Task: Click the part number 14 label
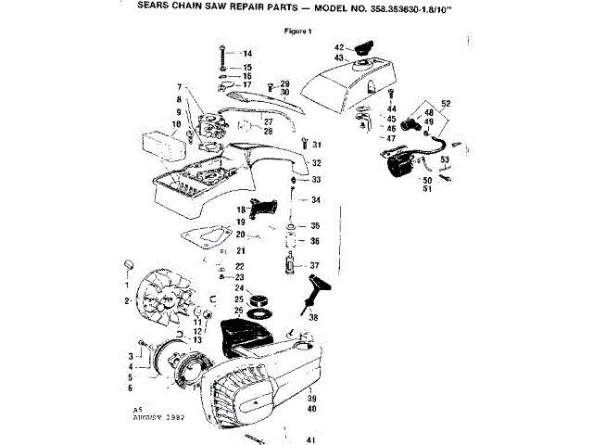[x=247, y=55]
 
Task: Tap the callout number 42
[x=339, y=46]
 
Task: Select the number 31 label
[x=317, y=145]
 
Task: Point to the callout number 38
[x=313, y=318]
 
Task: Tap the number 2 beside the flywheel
[x=127, y=300]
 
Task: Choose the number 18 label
[x=239, y=210]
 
